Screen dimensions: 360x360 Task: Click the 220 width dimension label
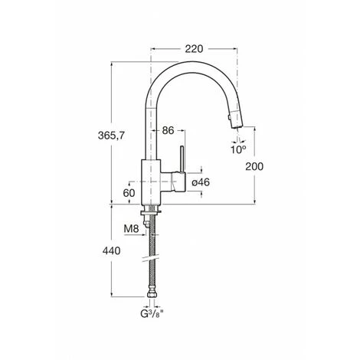[x=194, y=48]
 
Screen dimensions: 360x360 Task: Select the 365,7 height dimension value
[x=111, y=136]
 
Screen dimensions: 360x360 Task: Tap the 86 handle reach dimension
[x=168, y=130]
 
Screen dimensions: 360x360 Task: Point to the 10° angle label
[x=238, y=149]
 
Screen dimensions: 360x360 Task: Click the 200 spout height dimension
[x=254, y=166]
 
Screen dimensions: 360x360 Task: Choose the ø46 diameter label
[x=201, y=182]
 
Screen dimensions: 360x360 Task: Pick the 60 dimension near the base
[x=129, y=193]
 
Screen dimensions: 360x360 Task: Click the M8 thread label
[x=131, y=229]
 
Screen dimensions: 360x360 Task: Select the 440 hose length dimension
[x=111, y=251]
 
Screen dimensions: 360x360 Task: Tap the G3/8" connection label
[x=152, y=313]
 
